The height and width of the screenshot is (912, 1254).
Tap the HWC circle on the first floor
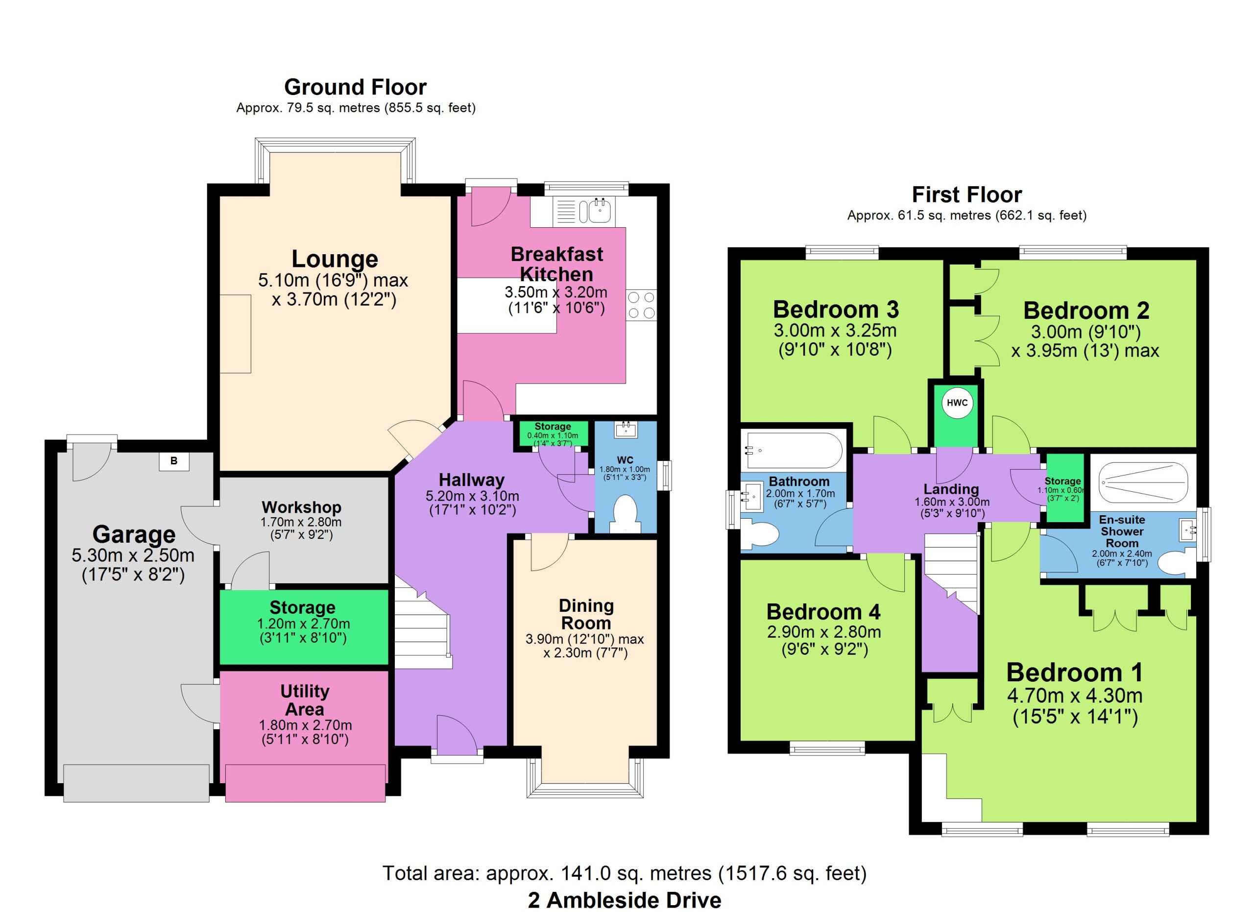[x=957, y=403]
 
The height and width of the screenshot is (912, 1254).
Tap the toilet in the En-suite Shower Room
[x=1176, y=563]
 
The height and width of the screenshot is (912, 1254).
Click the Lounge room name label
[x=335, y=259]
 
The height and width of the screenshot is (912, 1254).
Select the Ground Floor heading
[x=355, y=87]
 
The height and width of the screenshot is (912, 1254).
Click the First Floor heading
[x=966, y=194]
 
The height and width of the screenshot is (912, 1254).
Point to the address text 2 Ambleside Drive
[x=624, y=900]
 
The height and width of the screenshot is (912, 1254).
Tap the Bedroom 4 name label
[x=823, y=611]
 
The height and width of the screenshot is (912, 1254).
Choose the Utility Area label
[x=305, y=700]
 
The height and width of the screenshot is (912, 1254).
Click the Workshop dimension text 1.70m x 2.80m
[x=301, y=522]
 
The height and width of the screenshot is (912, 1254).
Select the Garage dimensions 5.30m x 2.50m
[x=133, y=554]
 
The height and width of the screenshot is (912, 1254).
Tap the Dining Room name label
[x=586, y=614]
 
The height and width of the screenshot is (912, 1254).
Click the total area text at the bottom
[x=625, y=873]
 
